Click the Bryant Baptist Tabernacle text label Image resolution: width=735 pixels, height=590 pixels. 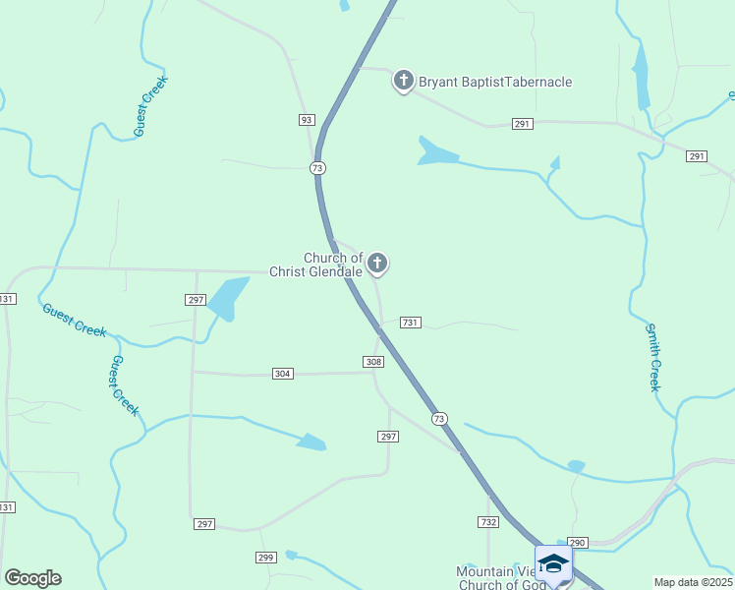click(x=495, y=82)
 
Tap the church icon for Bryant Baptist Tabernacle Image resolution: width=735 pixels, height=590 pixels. click(x=403, y=81)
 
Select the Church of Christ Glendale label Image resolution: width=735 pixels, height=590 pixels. click(x=332, y=265)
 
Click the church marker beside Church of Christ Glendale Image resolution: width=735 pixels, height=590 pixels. click(x=377, y=263)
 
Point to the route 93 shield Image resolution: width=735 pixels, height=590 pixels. click(x=307, y=120)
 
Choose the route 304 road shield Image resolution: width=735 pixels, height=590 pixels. click(x=283, y=374)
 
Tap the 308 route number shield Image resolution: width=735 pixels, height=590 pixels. click(x=373, y=362)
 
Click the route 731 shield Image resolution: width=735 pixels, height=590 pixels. click(x=411, y=323)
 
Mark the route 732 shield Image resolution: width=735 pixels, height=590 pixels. click(x=488, y=522)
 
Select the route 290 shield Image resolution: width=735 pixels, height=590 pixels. click(x=577, y=543)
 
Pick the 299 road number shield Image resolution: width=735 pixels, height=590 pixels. click(x=265, y=558)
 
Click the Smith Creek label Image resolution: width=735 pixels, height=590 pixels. click(x=653, y=357)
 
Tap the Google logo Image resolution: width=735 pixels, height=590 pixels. click(x=32, y=578)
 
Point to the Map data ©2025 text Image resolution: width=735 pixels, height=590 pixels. click(x=693, y=582)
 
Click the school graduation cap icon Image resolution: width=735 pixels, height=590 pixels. click(x=553, y=563)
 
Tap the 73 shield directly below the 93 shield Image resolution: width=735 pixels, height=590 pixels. click(x=317, y=168)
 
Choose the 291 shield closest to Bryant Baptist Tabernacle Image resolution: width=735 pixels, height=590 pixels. click(x=523, y=124)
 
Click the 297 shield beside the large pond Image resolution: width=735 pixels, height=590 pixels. click(x=195, y=299)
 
